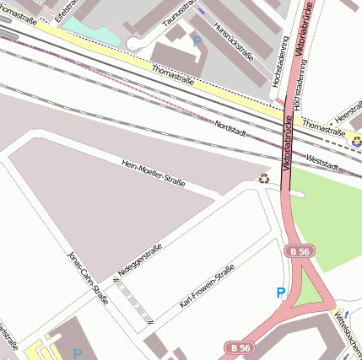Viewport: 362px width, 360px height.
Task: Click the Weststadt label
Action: pos(322,159)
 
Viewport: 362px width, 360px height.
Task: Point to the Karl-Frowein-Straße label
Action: pos(207,287)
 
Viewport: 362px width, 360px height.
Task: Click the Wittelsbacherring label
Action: pos(348,332)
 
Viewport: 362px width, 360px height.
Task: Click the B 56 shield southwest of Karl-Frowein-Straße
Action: pos(240,347)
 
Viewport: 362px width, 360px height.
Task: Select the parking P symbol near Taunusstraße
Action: pos(197,40)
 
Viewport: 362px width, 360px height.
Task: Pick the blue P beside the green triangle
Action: pos(281,293)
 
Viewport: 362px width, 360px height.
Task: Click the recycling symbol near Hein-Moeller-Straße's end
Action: pos(264,178)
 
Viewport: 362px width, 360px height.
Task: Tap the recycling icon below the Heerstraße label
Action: pos(356,141)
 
